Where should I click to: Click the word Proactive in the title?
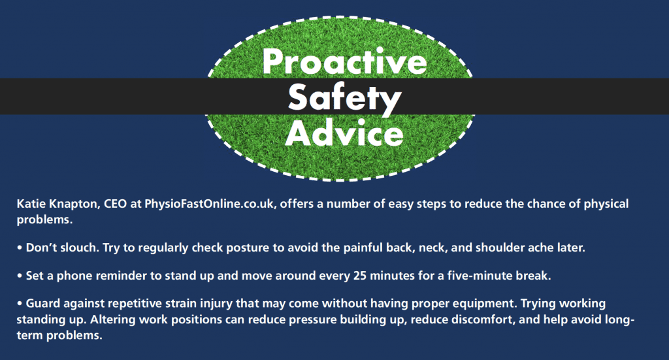pyautogui.click(x=345, y=62)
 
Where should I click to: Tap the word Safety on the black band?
pyautogui.click(x=345, y=99)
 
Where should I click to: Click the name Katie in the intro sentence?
pyautogui.click(x=31, y=204)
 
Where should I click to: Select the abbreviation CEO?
pyautogui.click(x=115, y=204)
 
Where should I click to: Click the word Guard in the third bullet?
pyautogui.click(x=42, y=304)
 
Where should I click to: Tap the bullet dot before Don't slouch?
pyautogui.click(x=20, y=248)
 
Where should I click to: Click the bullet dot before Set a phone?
pyautogui.click(x=20, y=276)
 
